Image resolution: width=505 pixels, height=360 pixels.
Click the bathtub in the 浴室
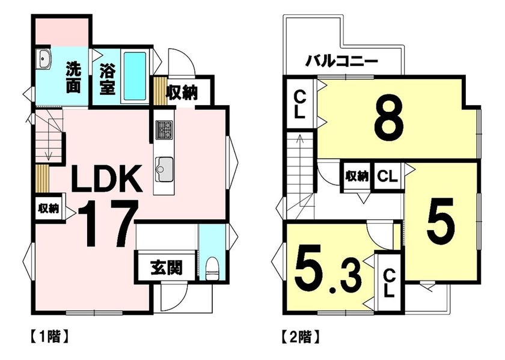coord(135,76)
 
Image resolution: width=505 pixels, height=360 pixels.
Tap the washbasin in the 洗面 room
coord(43,59)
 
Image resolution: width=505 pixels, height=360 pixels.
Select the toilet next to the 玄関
coord(212,268)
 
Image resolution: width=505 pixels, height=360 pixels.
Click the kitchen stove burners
coord(164,130)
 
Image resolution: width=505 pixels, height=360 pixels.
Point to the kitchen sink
coord(164,169)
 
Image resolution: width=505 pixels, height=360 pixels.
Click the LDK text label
coord(107,178)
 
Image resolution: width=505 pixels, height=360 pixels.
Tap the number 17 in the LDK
coord(108,223)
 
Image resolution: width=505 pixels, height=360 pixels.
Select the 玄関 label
coord(167,268)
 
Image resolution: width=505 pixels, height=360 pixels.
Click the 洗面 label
coord(73,78)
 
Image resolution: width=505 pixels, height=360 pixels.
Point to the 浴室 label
coord(107,79)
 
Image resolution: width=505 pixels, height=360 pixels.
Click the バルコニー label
coord(341,61)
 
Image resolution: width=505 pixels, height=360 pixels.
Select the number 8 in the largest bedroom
coord(389,118)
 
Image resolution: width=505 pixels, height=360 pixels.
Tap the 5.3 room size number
coord(328,268)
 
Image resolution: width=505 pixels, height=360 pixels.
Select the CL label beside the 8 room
coord(299,104)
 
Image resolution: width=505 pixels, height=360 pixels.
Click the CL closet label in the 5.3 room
coord(390,284)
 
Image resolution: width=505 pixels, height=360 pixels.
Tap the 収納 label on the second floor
coord(357,176)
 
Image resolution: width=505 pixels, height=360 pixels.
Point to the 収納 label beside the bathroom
coord(182,93)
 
